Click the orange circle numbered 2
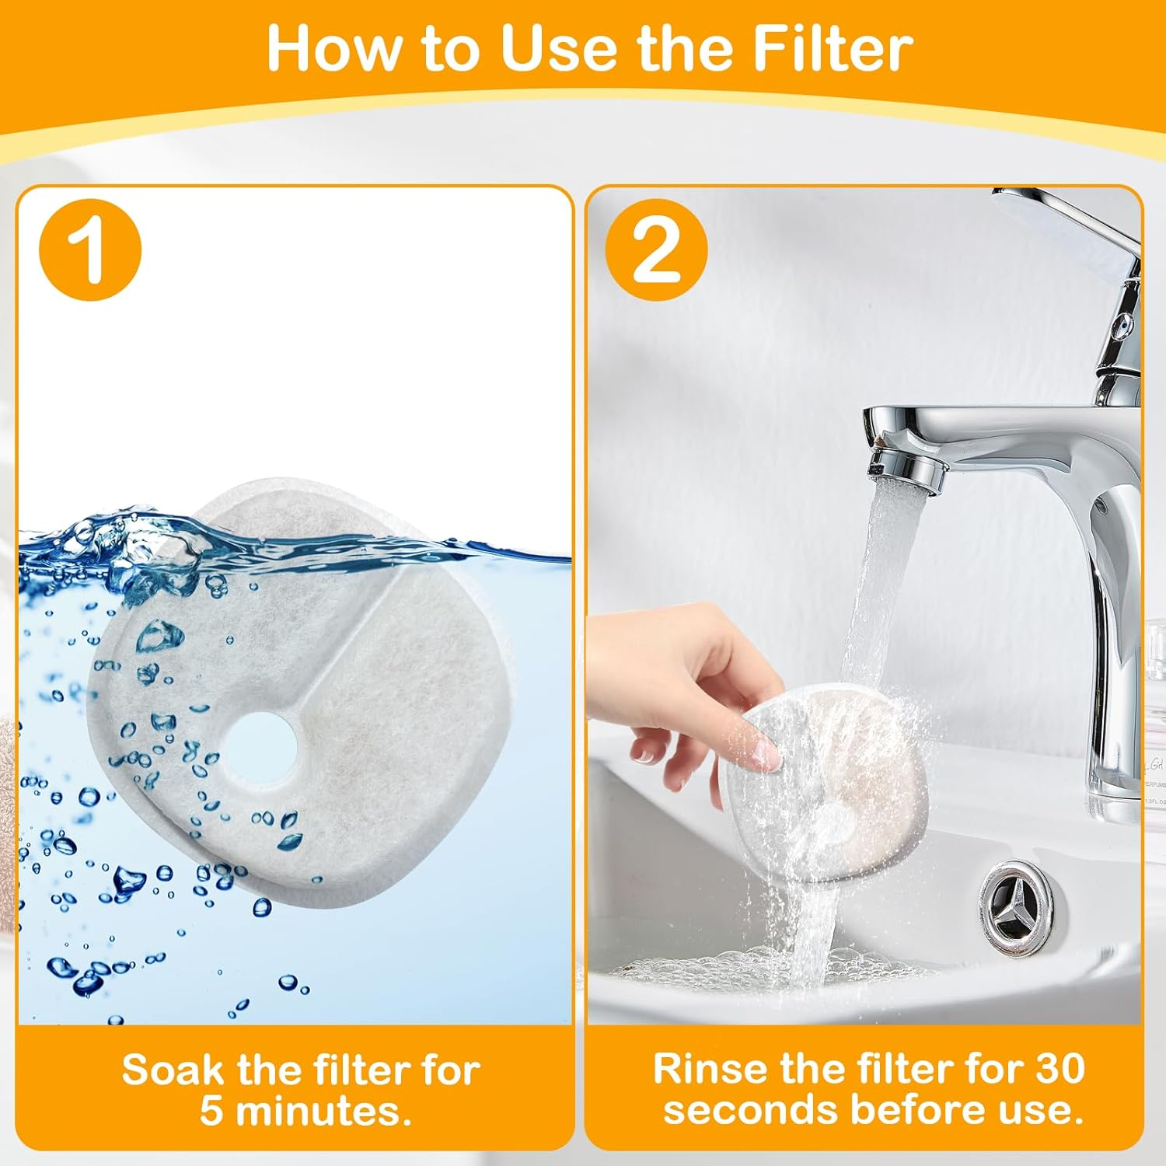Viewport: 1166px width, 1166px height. tap(657, 250)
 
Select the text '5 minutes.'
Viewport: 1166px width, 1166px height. tap(305, 1111)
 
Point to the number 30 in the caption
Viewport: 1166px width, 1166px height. tap(1053, 1068)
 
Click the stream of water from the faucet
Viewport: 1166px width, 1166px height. tap(871, 606)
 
